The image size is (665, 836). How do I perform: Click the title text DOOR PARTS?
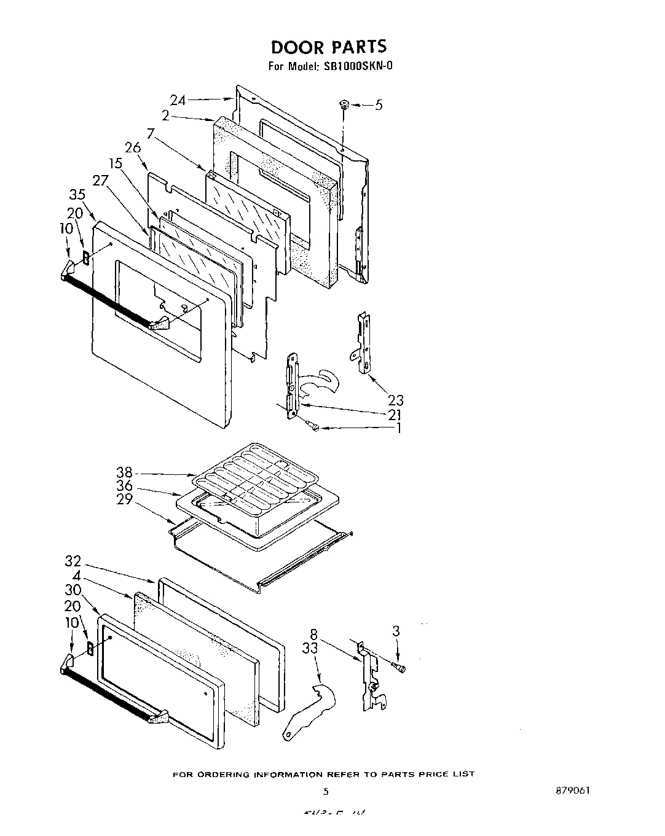coord(329,47)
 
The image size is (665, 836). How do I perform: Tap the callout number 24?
coord(178,100)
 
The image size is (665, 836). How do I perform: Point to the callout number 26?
coord(132,147)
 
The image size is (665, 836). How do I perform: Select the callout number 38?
coord(125,473)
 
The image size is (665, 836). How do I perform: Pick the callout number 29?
coord(125,499)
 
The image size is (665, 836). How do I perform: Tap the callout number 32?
coord(73,561)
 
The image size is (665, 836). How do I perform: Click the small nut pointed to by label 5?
coord(343,106)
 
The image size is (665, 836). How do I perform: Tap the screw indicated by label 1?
coord(314,426)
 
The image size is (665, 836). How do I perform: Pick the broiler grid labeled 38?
coord(252,470)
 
